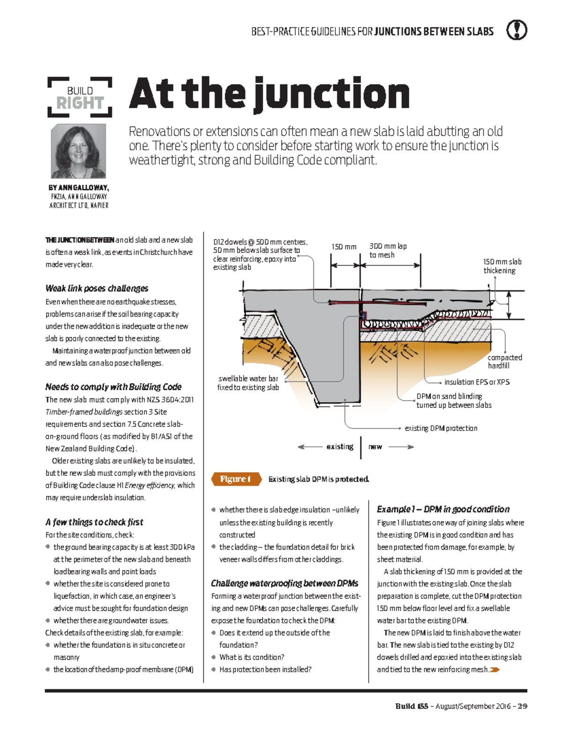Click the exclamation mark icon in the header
[517, 30]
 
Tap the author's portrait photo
[78, 151]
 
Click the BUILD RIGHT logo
[80, 97]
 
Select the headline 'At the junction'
[269, 94]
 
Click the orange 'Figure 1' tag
[236, 479]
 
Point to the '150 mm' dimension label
[344, 246]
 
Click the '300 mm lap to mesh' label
[388, 250]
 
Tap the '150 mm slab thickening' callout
[502, 266]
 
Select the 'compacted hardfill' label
[504, 361]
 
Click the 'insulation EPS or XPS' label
[477, 382]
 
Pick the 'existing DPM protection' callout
[441, 428]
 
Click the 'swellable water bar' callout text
[248, 383]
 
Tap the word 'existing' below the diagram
[340, 446]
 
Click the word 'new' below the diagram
[375, 446]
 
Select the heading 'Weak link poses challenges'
[97, 288]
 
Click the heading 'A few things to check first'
[94, 522]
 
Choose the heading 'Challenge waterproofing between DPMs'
[284, 583]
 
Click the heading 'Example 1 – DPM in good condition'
[443, 509]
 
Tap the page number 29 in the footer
[523, 706]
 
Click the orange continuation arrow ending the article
[495, 670]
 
